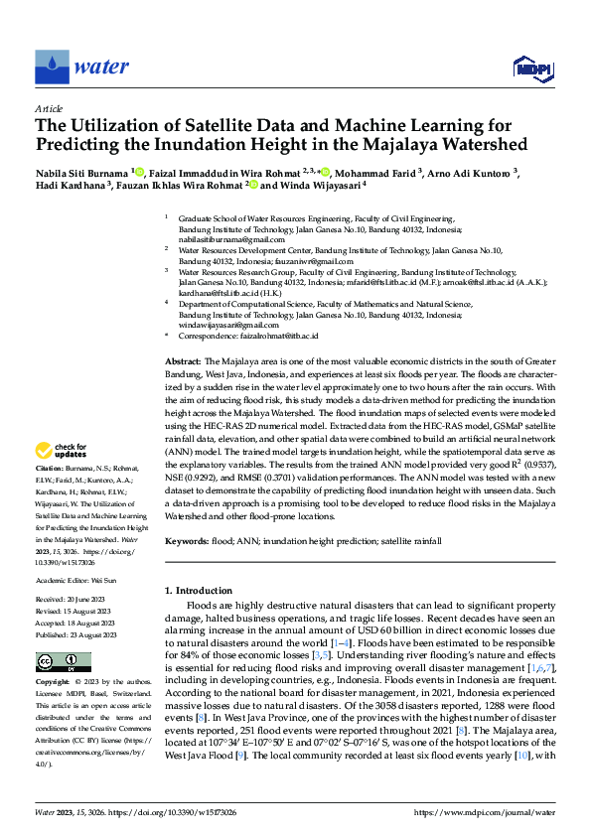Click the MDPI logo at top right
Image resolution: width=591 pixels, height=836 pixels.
click(532, 67)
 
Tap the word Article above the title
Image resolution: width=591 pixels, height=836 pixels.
click(48, 108)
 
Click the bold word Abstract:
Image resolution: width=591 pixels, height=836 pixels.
click(183, 363)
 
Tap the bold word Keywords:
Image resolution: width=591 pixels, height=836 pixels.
click(188, 541)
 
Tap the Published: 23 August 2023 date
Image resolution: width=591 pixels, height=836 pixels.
click(75, 633)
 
